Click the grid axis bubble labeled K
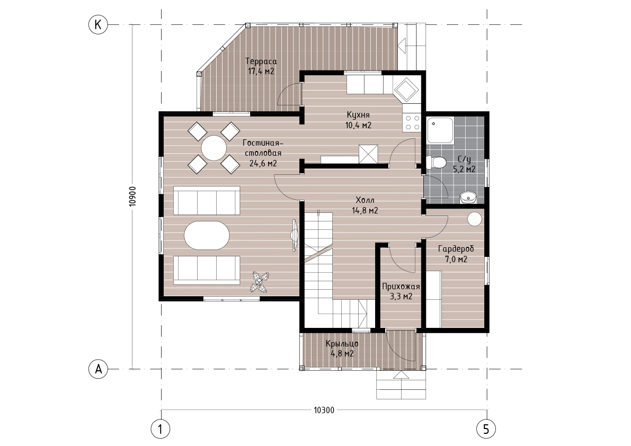click(98, 25)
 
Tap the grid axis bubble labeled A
click(98, 369)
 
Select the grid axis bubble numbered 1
click(161, 430)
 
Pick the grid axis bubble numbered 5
click(486, 430)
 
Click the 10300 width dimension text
click(324, 410)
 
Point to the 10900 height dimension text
click(133, 197)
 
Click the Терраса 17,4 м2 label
click(261, 66)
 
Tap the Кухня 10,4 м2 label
click(358, 120)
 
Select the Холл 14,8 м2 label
click(365, 205)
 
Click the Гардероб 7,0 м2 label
click(456, 254)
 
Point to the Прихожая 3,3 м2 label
click(401, 291)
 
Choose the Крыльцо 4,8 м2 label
click(342, 349)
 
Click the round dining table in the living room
click(214, 148)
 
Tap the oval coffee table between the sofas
click(207, 235)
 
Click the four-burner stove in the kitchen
click(412, 122)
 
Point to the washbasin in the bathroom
click(468, 198)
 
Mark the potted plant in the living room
click(260, 282)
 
